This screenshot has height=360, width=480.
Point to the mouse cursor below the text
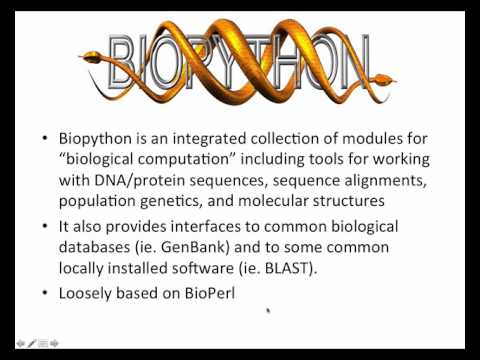click(268, 311)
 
